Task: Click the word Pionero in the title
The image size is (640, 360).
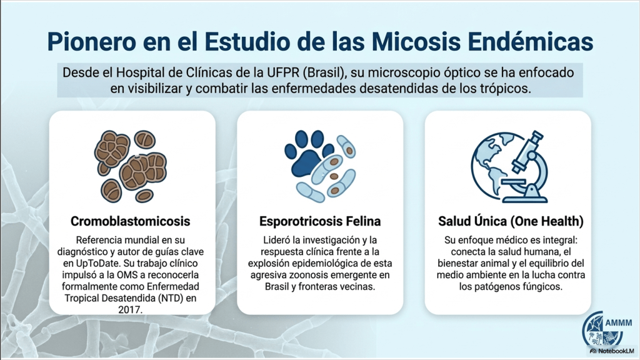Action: click(91, 41)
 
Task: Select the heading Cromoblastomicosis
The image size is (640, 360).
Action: click(130, 221)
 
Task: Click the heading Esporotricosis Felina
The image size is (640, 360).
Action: click(320, 221)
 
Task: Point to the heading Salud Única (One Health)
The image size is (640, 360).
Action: click(511, 221)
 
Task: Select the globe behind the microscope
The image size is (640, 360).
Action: click(494, 165)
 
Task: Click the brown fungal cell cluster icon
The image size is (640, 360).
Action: click(130, 166)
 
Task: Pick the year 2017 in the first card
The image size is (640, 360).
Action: click(130, 310)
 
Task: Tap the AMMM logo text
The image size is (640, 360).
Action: click(618, 323)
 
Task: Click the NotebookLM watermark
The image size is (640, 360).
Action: click(612, 351)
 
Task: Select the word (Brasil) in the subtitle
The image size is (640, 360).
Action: click(325, 73)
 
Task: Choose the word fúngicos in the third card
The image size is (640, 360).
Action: click(542, 286)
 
